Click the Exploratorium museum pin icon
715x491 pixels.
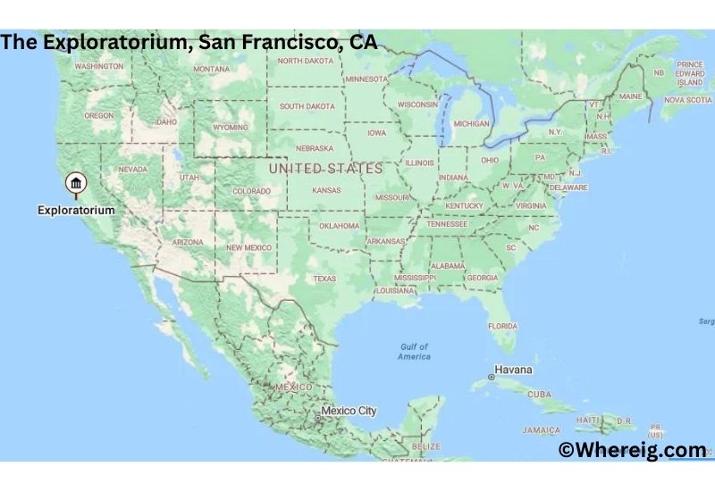pos(76,185)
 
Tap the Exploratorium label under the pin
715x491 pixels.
pos(76,210)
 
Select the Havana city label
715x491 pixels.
pos(514,370)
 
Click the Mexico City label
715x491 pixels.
pos(349,411)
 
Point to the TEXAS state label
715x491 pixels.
pos(324,279)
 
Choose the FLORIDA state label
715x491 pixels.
pos(502,326)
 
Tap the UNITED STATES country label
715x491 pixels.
pos(325,168)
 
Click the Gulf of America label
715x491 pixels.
pos(414,351)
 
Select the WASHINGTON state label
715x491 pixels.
pos(98,66)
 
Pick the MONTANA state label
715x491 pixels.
pos(212,69)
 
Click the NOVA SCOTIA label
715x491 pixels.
pos(687,100)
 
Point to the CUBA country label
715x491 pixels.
pos(540,394)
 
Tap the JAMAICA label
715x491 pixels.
pos(542,429)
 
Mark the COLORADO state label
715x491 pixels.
pos(251,191)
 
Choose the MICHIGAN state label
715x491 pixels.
pos(471,123)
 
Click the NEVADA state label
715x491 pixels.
pos(132,169)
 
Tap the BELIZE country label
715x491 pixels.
pos(426,445)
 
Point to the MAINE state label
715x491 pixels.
pos(630,96)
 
